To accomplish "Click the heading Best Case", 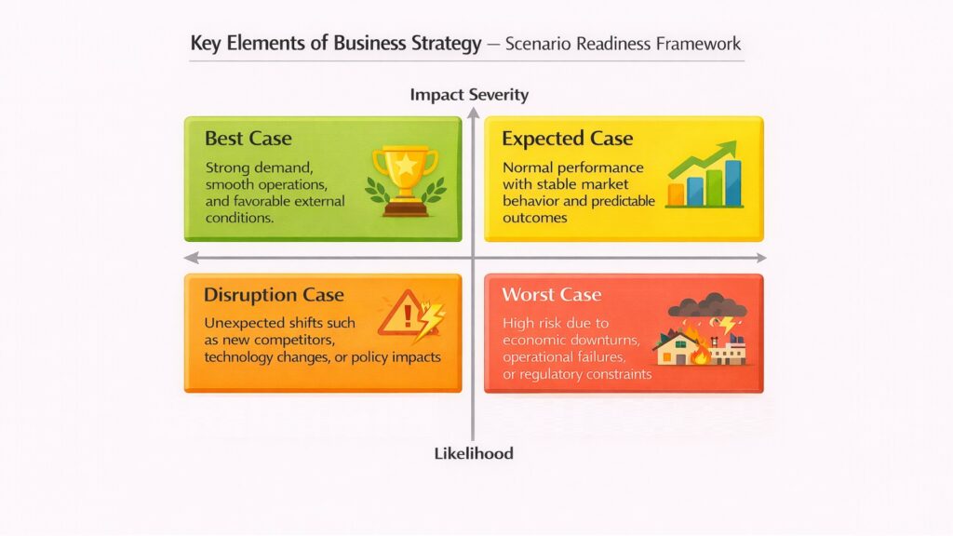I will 248,139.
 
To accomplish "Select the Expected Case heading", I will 567,139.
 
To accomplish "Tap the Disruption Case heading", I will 274,295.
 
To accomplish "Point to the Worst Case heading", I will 551,295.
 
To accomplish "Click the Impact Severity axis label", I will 469,94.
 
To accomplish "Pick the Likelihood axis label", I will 474,453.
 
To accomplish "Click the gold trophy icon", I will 405,178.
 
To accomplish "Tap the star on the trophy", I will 405,165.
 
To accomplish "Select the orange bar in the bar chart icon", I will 676,194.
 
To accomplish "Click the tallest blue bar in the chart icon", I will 732,182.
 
